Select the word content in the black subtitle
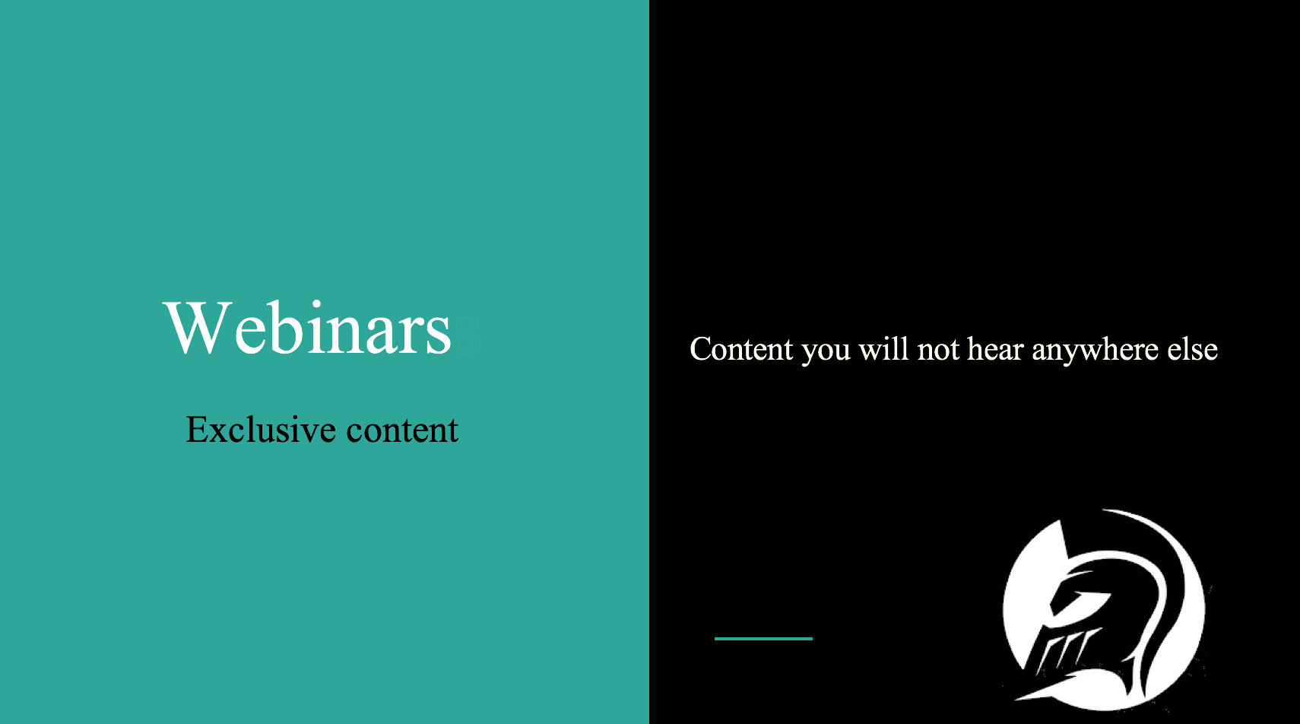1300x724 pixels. (x=402, y=430)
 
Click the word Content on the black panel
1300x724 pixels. (x=741, y=349)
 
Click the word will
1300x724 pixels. (x=883, y=348)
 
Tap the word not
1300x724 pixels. (x=938, y=350)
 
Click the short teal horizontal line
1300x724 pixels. (x=763, y=639)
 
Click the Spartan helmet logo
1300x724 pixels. (x=1104, y=610)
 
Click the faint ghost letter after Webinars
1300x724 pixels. (x=468, y=335)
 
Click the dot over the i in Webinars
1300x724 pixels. (x=315, y=304)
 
